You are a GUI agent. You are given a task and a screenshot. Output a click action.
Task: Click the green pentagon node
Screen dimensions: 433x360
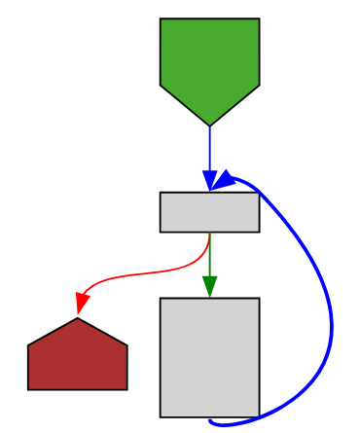[x=209, y=63]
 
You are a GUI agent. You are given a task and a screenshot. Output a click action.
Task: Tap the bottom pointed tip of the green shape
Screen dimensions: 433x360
[x=209, y=125]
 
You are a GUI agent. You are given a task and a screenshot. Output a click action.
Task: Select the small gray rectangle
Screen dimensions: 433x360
[x=209, y=212]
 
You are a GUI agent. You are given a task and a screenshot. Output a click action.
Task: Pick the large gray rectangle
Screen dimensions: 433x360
[x=209, y=356]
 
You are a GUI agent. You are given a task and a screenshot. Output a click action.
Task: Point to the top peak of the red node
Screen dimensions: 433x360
[x=78, y=318]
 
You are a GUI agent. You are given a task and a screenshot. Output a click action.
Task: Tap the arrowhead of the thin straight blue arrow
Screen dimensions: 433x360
[x=209, y=183]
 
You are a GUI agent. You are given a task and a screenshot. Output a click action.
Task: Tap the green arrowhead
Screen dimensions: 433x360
[x=209, y=287]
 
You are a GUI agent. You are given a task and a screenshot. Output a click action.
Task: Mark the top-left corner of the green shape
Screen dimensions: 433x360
[x=161, y=18]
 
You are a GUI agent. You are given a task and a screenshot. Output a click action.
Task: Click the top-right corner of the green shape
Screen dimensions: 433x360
[x=259, y=18]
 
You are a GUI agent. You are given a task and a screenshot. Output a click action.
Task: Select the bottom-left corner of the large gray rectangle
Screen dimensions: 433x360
[x=161, y=416]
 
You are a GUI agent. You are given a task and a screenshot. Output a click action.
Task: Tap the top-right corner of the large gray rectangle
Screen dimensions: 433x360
[x=259, y=298]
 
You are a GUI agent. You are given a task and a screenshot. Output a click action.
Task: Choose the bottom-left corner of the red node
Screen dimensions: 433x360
[x=28, y=389]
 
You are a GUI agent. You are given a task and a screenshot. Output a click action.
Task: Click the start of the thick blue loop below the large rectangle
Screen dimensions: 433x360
[x=211, y=421]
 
